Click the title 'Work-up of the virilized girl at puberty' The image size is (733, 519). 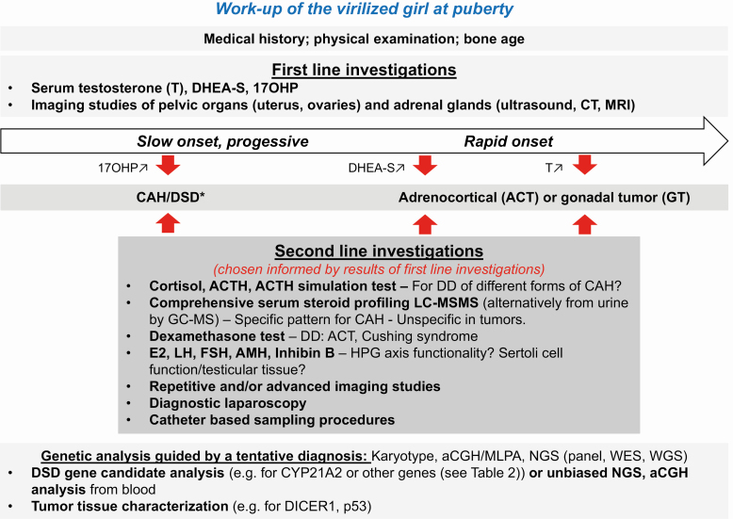(x=365, y=9)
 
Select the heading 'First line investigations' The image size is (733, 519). (x=365, y=70)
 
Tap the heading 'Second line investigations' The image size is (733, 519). (x=379, y=251)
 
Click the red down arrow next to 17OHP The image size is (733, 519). (x=168, y=166)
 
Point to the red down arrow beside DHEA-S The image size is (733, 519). (x=425, y=166)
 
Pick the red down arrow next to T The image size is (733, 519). (x=585, y=166)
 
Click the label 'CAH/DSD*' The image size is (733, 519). (x=171, y=197)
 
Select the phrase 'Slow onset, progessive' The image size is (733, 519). (x=222, y=141)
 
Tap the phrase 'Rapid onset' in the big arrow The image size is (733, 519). (x=509, y=141)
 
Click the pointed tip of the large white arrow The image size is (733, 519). (x=727, y=140)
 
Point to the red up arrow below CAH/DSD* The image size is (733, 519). (x=168, y=223)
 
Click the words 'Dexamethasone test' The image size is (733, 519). (x=217, y=336)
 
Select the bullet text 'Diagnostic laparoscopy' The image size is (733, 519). (x=228, y=403)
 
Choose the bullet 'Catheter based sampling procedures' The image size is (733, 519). (x=272, y=420)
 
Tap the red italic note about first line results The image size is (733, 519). (x=379, y=269)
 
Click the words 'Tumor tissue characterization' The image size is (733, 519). (x=129, y=507)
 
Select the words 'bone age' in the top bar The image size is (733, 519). (x=494, y=39)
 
